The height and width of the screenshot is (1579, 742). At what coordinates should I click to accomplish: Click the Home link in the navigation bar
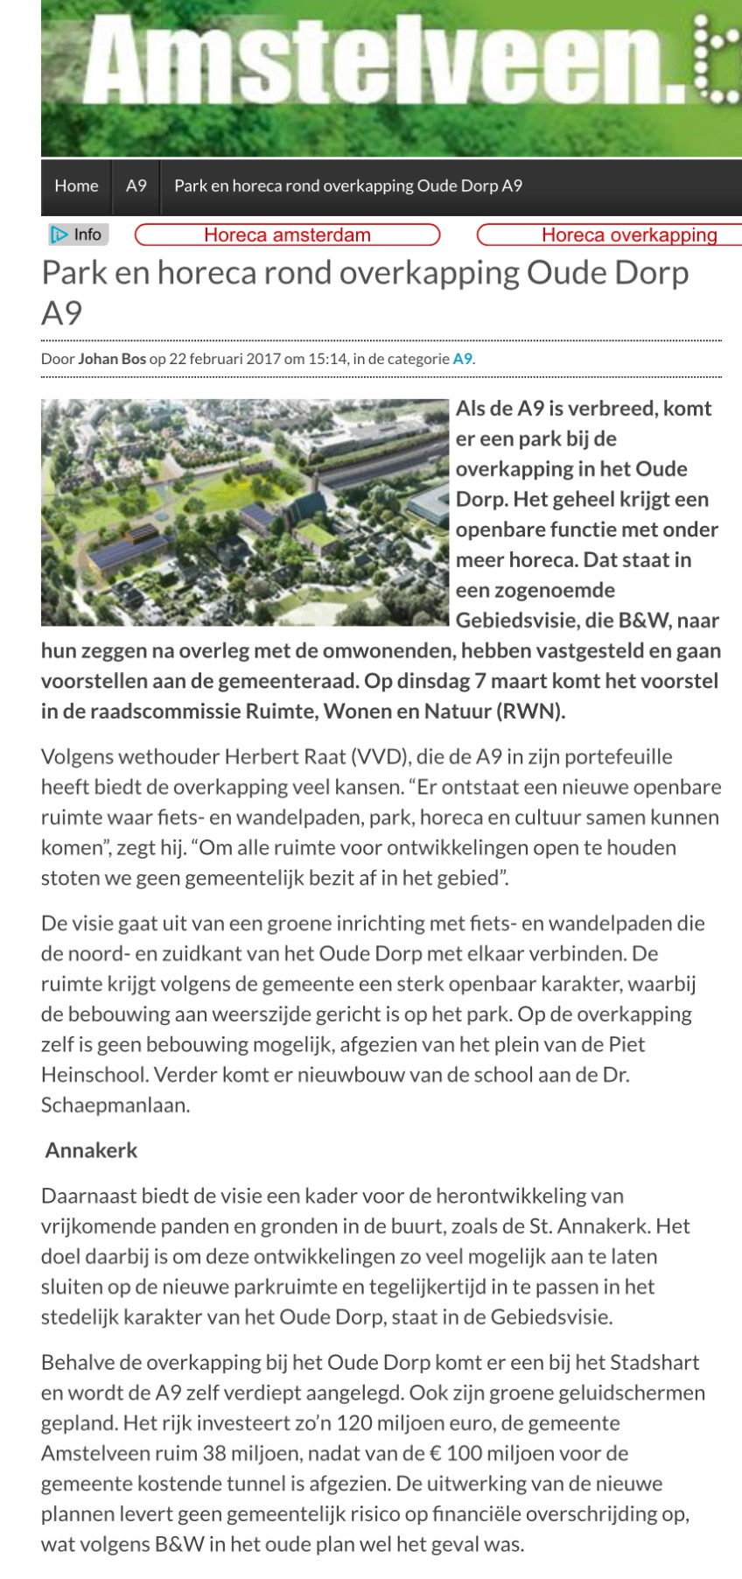(x=76, y=186)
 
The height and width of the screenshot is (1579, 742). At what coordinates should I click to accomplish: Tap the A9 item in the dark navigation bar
(x=136, y=186)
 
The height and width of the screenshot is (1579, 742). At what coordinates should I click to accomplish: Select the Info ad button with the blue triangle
(x=77, y=235)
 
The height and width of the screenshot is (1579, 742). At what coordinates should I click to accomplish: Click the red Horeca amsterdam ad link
(x=287, y=235)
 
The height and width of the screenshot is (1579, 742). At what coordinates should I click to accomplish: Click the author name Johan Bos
(x=112, y=359)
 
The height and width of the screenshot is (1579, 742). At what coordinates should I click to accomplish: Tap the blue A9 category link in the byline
(x=462, y=359)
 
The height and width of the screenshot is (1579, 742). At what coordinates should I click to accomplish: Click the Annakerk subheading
(x=91, y=1150)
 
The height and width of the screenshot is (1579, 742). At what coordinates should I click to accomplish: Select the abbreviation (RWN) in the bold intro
(x=530, y=711)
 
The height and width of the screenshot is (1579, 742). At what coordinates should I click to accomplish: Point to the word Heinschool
(x=92, y=1074)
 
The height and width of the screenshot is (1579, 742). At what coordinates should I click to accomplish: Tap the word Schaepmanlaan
(x=114, y=1105)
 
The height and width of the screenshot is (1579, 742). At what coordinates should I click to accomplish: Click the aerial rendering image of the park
(x=245, y=512)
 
